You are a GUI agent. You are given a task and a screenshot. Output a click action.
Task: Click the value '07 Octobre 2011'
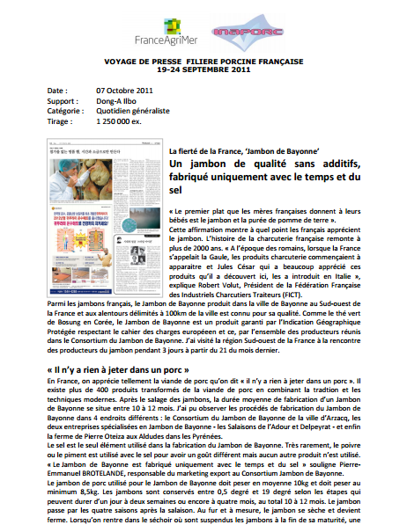(x=126, y=91)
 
